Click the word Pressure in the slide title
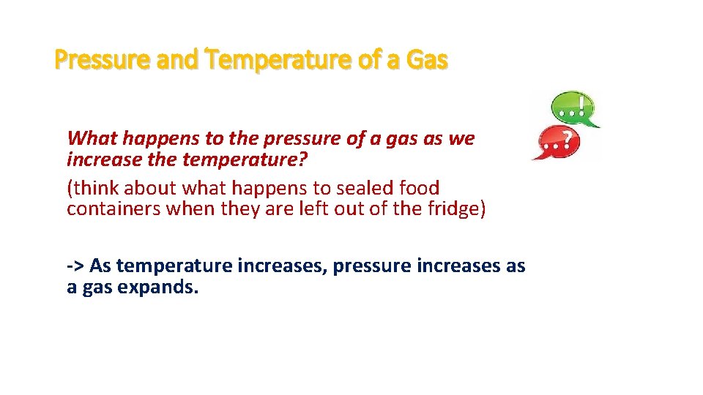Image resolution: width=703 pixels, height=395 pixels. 103,60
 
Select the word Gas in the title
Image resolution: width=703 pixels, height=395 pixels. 424,60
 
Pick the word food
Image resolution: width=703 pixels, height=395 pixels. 419,187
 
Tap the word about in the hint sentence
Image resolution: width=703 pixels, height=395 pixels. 150,187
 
